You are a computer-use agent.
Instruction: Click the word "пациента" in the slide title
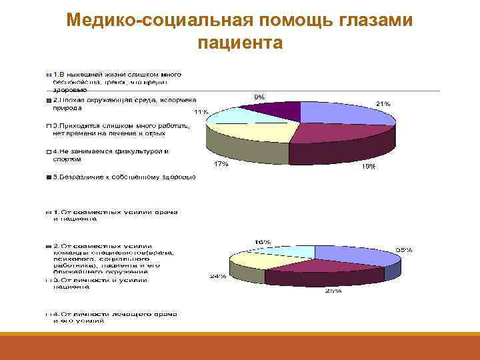pos(240,43)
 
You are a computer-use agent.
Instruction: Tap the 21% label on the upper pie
pos(383,104)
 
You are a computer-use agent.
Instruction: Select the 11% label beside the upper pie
pos(200,111)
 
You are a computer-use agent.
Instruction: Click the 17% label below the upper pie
pos(221,164)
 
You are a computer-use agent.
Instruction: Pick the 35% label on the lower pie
pos(404,249)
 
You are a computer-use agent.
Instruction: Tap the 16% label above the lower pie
pos(262,241)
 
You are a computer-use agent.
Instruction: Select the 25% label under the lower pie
pos(333,291)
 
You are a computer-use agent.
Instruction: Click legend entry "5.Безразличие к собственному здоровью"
pos(120,177)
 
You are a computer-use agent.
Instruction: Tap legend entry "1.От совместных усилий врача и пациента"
pos(113,215)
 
